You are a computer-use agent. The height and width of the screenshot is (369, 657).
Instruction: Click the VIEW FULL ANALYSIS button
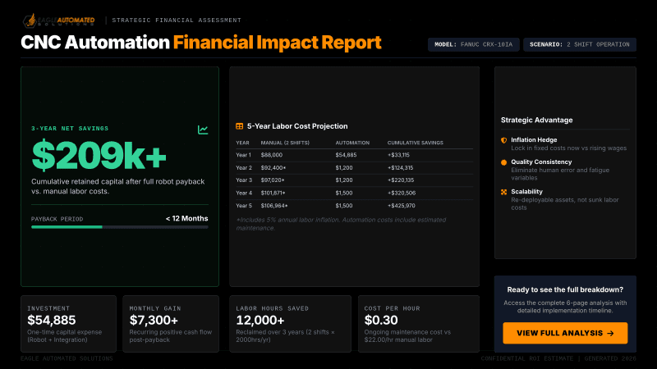tap(565, 333)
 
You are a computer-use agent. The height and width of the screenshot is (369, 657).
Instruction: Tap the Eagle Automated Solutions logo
tap(57, 19)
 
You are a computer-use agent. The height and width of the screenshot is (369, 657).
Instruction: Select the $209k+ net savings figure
tap(99, 155)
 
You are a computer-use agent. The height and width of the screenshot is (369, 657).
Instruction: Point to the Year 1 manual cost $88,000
tap(272, 154)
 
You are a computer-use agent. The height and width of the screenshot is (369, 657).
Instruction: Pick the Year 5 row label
tap(244, 205)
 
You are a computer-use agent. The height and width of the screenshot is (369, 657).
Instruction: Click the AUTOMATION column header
tap(352, 142)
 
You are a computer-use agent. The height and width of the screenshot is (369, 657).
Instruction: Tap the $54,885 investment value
tap(52, 321)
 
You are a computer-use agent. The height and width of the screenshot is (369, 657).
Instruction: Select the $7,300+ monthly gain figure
tap(154, 321)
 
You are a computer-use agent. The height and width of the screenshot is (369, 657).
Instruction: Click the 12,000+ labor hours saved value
tap(260, 321)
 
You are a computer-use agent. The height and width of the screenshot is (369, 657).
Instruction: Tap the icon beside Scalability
tap(503, 192)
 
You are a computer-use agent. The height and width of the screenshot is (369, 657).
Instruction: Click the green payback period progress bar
tap(67, 227)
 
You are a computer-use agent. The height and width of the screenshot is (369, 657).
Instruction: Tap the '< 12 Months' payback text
tap(186, 218)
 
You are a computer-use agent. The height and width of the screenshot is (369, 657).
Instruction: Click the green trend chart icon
tap(203, 130)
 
